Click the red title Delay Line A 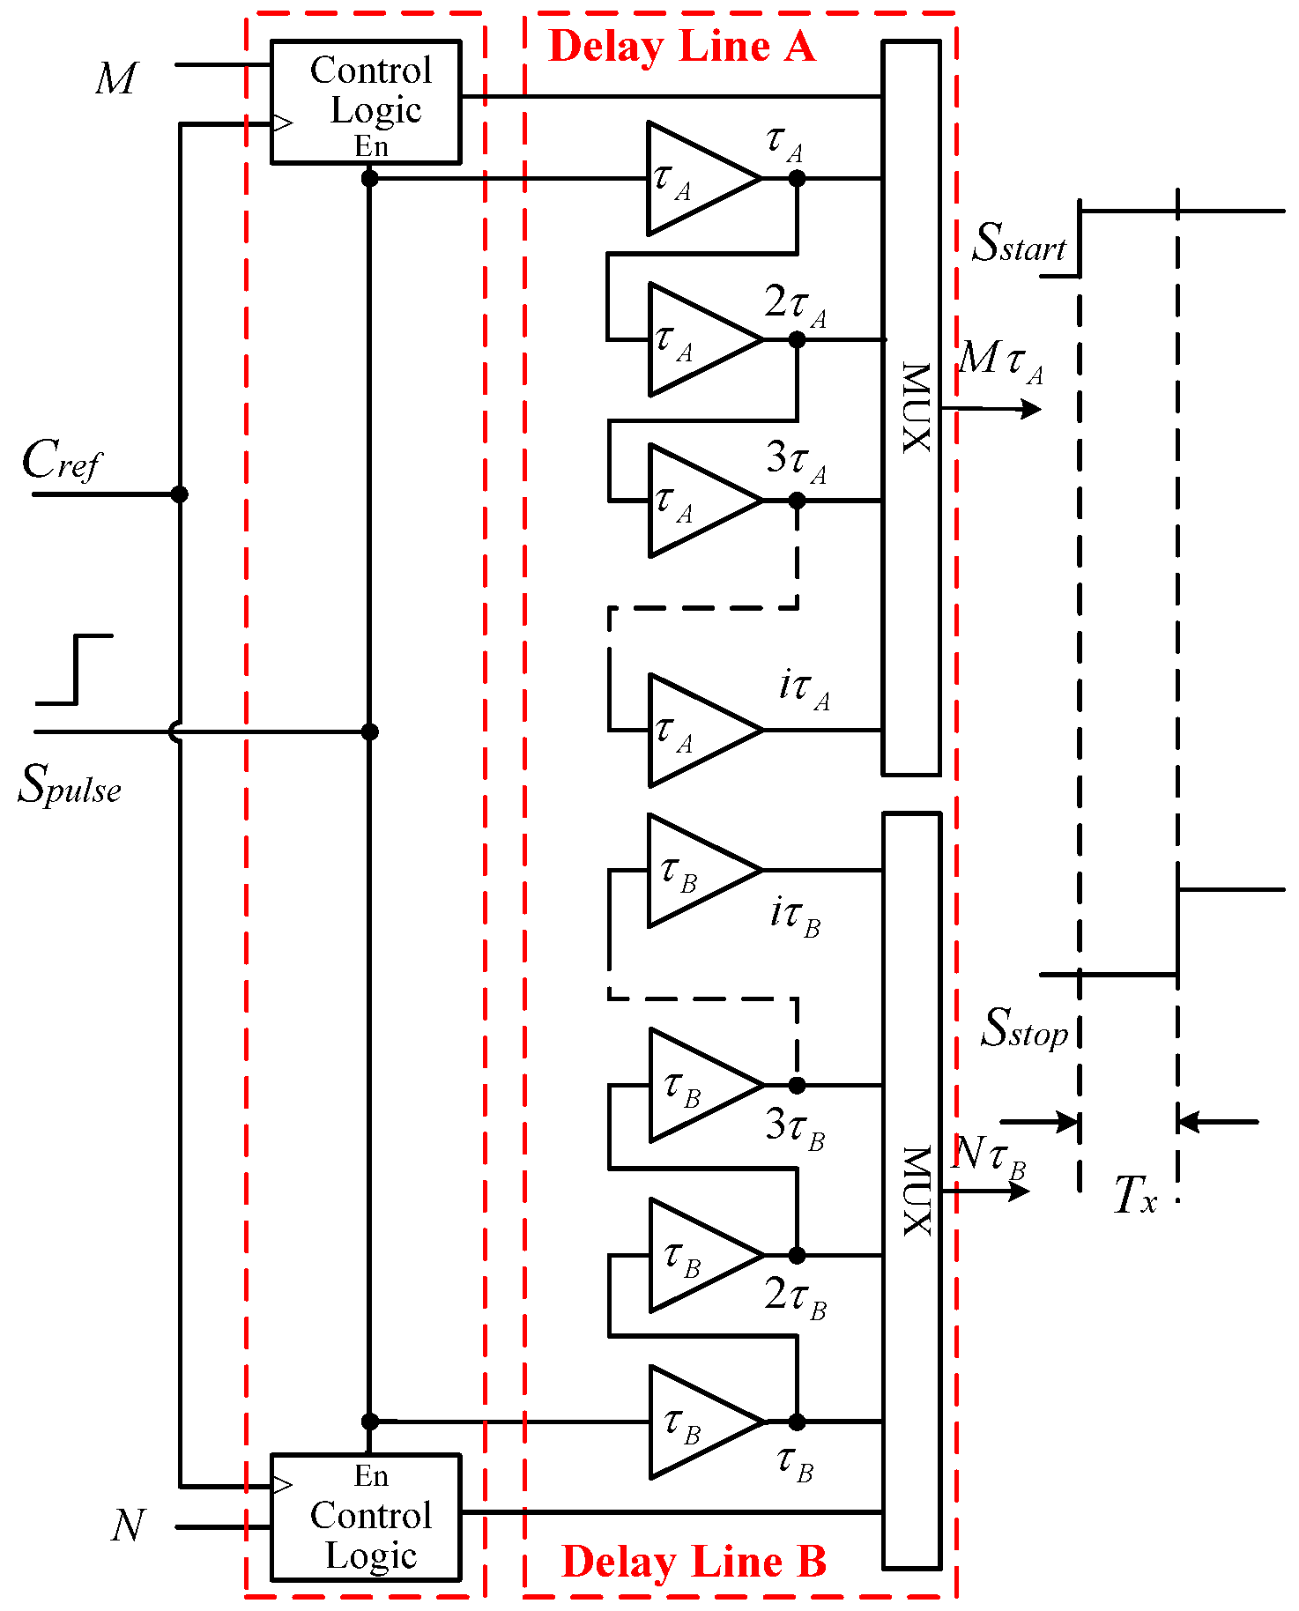681,46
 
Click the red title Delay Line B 694,1562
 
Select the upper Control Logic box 366,101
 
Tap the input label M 116,78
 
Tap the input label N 128,1526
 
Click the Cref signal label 62,460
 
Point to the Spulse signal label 70,783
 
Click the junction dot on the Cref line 180,494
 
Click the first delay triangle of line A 696,179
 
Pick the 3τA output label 796,460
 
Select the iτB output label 795,915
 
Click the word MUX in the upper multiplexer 915,408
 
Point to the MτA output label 1001,360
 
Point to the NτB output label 990,1155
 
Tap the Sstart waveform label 1019,243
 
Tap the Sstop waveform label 1024,1028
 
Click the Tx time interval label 1134,1196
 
